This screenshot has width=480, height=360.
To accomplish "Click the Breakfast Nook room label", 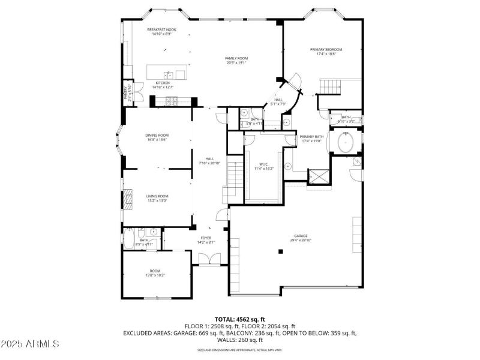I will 162,29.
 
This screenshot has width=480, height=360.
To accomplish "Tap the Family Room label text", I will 236,58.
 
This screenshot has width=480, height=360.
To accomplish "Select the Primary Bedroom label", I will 326,49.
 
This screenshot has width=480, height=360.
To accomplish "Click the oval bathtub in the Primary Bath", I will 347,143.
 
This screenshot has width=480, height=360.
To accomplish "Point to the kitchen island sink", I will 169,74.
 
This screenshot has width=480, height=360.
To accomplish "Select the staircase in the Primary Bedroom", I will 331,88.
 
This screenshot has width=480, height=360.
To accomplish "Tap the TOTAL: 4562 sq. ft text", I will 240,319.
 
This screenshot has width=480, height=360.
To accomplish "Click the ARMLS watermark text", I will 30,344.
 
